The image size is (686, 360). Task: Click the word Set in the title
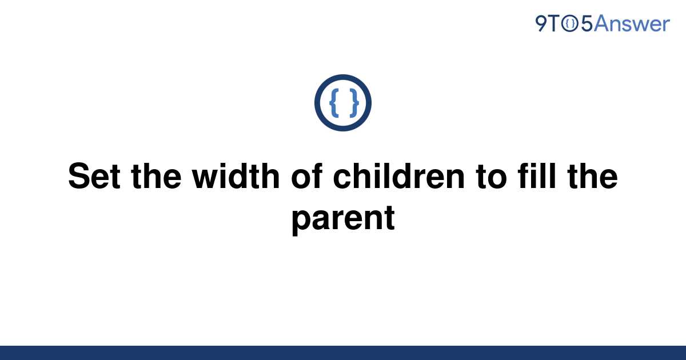[94, 176]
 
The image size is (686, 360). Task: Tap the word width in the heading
[236, 176]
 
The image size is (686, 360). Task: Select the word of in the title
[307, 176]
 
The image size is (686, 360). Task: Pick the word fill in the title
[537, 176]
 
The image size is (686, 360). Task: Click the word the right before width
[156, 176]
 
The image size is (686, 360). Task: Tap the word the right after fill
[592, 176]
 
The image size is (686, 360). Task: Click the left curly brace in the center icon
[334, 103]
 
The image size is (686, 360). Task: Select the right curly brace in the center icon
[354, 103]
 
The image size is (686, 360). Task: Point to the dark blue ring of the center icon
[343, 77]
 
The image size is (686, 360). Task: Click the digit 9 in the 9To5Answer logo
[541, 23]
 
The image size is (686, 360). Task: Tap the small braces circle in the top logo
[570, 24]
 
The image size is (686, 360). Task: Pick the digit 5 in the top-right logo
[587, 24]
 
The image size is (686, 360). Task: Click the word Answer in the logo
[632, 23]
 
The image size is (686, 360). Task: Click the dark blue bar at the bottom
[343, 353]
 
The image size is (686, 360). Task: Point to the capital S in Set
[78, 176]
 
